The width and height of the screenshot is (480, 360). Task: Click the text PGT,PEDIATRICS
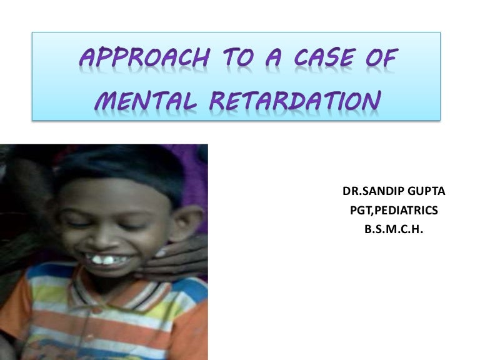[x=393, y=211]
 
